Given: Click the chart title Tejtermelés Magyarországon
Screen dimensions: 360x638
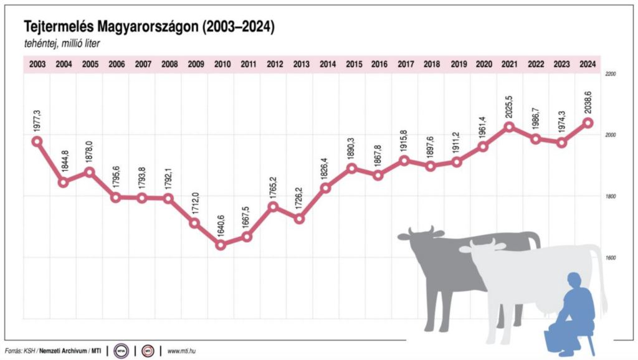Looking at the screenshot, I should (149, 27).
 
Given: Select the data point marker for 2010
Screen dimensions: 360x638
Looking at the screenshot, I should (221, 245).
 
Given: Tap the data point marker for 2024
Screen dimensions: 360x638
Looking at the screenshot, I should (588, 123).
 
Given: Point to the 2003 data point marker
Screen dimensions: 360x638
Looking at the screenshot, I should (37, 141).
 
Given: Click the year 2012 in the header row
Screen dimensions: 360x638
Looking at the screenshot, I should (274, 64).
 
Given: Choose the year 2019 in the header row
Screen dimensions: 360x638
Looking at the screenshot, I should (458, 64).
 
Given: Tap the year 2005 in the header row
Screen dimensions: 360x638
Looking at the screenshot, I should (90, 64).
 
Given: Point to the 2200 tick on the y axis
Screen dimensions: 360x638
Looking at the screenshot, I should (610, 74).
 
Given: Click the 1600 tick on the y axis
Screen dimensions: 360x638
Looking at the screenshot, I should (610, 257).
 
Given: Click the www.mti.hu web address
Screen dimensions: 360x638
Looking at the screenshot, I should (183, 351).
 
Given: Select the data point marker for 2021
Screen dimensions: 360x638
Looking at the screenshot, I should (509, 127).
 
